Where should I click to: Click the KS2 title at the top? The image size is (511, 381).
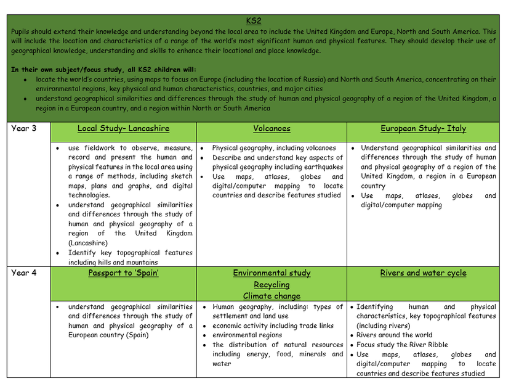(253, 21)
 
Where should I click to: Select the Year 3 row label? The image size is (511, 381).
(24, 129)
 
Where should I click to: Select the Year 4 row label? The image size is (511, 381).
(24, 273)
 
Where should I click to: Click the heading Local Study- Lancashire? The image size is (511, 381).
(123, 129)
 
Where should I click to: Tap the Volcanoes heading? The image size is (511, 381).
(272, 129)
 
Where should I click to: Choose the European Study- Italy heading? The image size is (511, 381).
(423, 129)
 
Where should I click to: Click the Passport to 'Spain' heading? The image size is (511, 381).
(123, 273)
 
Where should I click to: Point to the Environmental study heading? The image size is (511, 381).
(272, 273)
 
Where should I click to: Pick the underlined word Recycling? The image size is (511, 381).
(272, 285)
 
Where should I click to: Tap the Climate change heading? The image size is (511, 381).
(272, 296)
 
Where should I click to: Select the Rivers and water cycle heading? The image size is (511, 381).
(423, 273)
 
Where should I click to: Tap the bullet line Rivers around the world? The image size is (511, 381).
(394, 335)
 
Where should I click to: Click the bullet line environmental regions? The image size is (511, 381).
(247, 335)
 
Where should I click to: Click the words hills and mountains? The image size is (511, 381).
(135, 263)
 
